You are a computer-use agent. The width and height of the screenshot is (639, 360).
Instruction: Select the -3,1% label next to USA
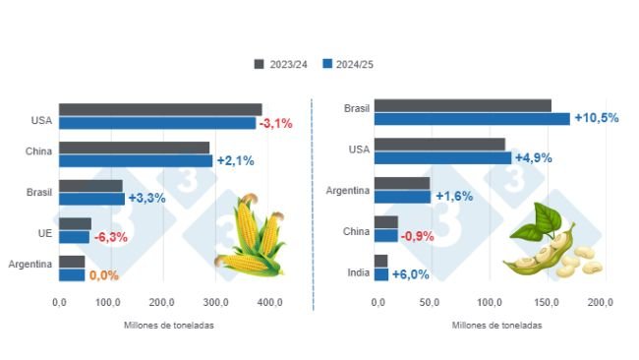click(x=276, y=123)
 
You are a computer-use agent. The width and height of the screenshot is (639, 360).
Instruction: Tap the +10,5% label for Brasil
click(x=596, y=118)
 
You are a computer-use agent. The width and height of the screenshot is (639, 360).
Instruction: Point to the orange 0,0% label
click(x=103, y=275)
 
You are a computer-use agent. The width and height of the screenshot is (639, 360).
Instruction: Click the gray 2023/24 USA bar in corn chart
click(x=160, y=110)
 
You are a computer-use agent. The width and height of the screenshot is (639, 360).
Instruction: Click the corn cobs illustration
click(x=249, y=236)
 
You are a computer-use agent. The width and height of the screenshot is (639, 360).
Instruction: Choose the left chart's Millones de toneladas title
click(x=169, y=325)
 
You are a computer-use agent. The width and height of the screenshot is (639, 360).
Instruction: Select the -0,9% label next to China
click(x=419, y=236)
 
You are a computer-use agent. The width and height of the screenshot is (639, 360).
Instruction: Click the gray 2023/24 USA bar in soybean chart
click(x=439, y=145)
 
